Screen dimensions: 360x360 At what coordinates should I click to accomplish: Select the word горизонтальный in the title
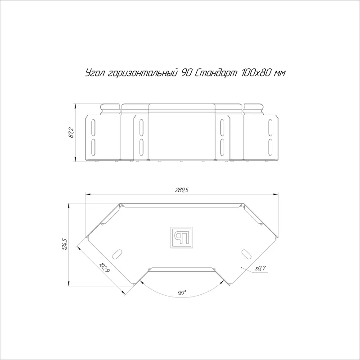[143, 73]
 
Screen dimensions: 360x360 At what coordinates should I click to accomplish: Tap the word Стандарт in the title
[216, 73]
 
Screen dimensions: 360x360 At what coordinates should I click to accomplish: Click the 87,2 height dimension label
[71, 132]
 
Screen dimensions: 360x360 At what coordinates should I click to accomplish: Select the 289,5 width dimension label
[182, 190]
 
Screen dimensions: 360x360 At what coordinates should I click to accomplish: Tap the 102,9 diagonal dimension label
[104, 268]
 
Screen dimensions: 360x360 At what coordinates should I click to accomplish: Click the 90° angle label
[182, 293]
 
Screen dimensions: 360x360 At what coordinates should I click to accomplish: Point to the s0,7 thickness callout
[260, 268]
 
